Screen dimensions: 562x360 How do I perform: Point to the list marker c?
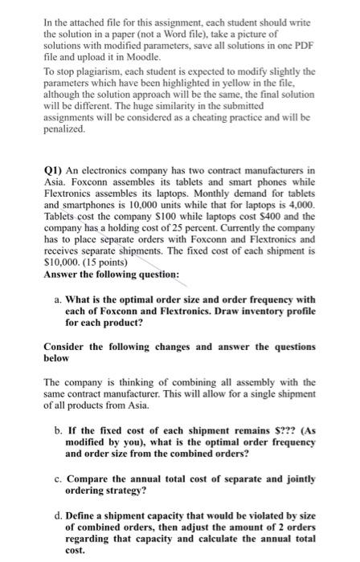pyautogui.click(x=68, y=479)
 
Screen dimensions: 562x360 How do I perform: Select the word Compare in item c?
pyautogui.click(x=99, y=479)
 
